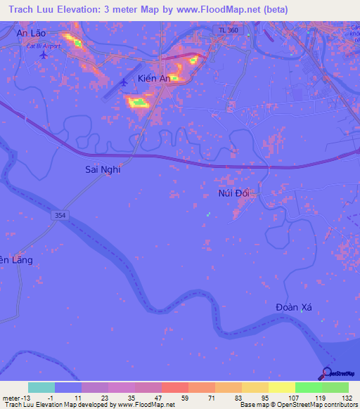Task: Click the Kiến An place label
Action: [153, 78]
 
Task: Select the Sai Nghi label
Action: [103, 169]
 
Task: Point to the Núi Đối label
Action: [234, 192]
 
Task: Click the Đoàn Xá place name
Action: [293, 308]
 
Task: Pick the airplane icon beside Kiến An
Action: [124, 83]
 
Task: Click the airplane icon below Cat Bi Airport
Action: [45, 54]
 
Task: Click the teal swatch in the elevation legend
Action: [41, 387]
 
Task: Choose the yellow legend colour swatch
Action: [281, 387]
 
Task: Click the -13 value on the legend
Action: [26, 398]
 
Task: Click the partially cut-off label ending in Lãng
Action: [15, 260]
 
